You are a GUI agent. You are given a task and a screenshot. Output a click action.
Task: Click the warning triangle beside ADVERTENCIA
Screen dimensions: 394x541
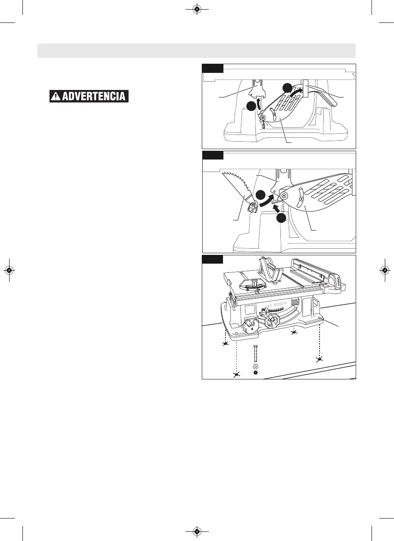(x=56, y=97)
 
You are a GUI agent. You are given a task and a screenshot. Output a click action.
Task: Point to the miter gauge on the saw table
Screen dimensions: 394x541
(x=253, y=289)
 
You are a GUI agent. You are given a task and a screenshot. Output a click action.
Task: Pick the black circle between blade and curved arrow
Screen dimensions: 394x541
(x=260, y=195)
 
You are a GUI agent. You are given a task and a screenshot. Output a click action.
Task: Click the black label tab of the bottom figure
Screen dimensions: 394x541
(x=213, y=259)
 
